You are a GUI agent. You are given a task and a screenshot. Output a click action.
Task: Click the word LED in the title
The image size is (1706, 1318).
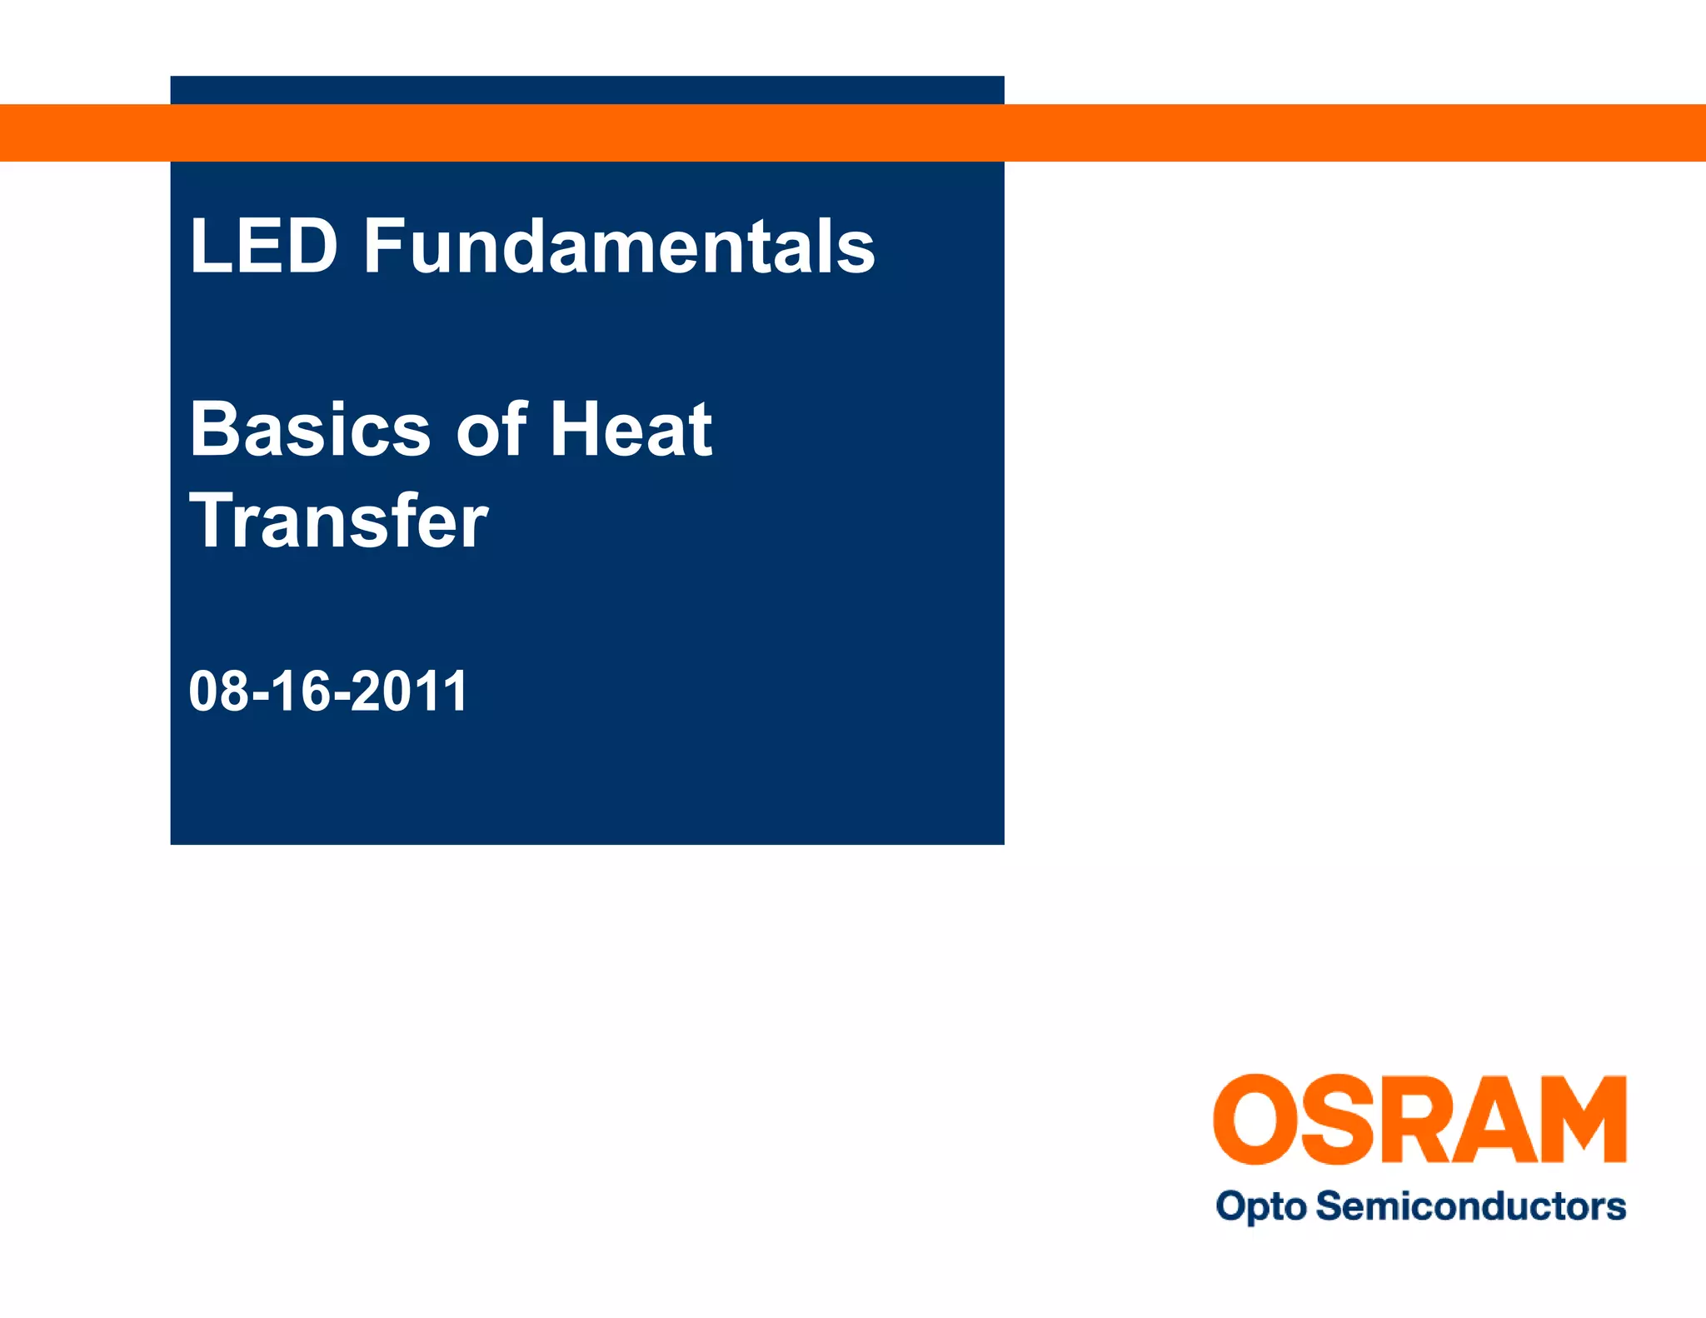[x=263, y=246]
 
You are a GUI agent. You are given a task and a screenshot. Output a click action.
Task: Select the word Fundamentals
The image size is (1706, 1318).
[x=619, y=246]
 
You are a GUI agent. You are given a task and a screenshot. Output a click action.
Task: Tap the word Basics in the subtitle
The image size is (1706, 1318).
[x=310, y=430]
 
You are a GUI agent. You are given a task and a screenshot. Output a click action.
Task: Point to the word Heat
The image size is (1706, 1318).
[x=631, y=430]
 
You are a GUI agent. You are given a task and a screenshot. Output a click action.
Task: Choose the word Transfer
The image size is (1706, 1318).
[x=339, y=522]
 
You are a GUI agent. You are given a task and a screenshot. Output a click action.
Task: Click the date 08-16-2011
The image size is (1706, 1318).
[x=328, y=691]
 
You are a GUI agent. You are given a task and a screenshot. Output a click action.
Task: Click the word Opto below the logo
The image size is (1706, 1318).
[x=1261, y=1207]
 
